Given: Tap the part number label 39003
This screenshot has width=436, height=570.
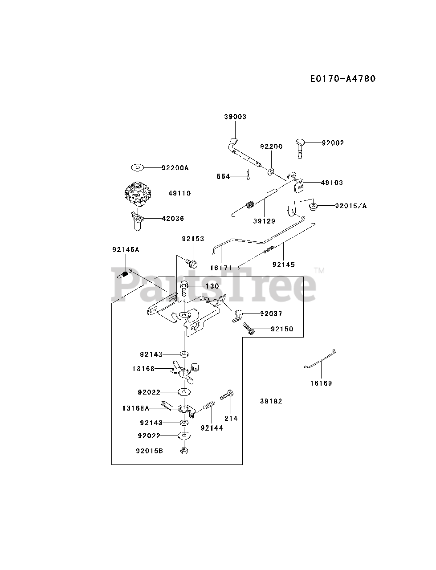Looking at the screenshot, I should tap(235, 117).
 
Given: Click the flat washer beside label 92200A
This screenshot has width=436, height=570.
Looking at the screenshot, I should tap(138, 168).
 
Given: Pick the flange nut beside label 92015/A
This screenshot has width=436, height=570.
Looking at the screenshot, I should tap(313, 206).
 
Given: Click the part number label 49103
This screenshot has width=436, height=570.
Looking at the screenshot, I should tap(332, 183).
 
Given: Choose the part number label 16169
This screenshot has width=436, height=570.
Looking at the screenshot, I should tap(321, 383).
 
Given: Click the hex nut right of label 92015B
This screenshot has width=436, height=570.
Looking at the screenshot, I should tap(184, 451).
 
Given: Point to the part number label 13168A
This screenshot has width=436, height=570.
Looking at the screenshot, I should tap(136, 407).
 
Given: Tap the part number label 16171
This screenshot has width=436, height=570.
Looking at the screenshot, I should tap(221, 268).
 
